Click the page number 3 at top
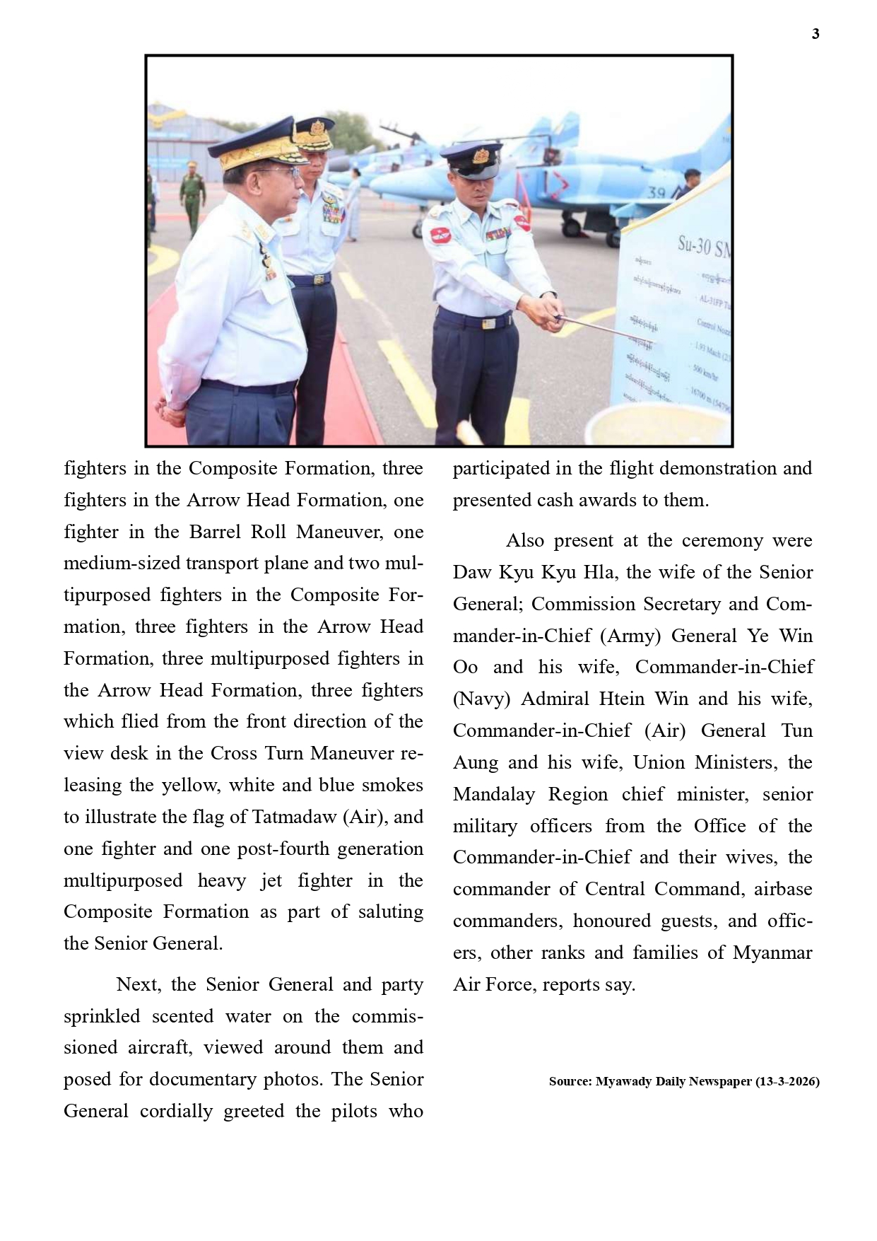(816, 34)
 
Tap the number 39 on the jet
(657, 192)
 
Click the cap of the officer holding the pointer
(473, 159)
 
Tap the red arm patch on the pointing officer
(440, 235)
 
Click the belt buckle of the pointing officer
(487, 324)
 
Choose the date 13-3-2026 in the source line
(787, 1082)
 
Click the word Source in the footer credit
(569, 1082)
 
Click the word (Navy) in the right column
(481, 699)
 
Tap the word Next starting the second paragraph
(138, 984)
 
